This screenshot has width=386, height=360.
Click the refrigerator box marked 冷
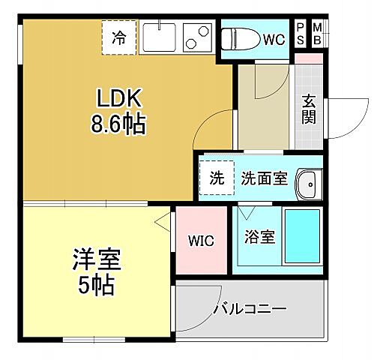(x=120, y=35)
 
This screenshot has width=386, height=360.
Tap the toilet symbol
(x=241, y=37)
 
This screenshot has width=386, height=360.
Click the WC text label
(x=272, y=38)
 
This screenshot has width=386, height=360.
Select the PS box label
(x=301, y=33)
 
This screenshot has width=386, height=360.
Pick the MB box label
(x=317, y=33)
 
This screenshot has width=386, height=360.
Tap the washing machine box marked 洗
(x=217, y=178)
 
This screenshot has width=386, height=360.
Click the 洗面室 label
(x=264, y=178)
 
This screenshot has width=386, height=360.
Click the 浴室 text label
(x=259, y=237)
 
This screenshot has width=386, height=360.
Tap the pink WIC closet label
(x=200, y=241)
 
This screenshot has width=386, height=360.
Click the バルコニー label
(x=249, y=307)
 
